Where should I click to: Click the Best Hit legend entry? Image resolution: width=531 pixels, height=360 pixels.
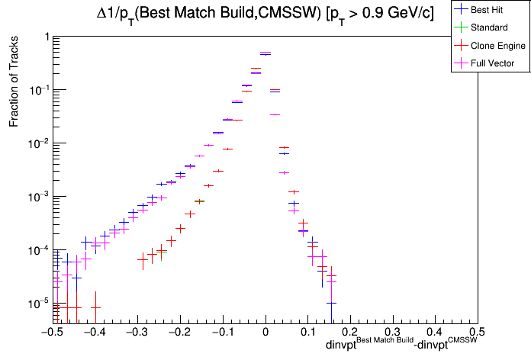489,10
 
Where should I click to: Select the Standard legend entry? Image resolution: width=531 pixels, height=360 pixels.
489,27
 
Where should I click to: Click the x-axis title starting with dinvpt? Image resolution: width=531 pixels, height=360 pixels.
401,345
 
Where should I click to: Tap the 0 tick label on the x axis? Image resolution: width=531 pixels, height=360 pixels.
265,333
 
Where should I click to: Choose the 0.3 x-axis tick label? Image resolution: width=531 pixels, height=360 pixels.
392,333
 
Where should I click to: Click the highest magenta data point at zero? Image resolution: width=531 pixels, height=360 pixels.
265,53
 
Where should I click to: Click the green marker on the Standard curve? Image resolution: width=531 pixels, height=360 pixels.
199,201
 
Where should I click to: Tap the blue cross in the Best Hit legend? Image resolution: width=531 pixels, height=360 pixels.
460,10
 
